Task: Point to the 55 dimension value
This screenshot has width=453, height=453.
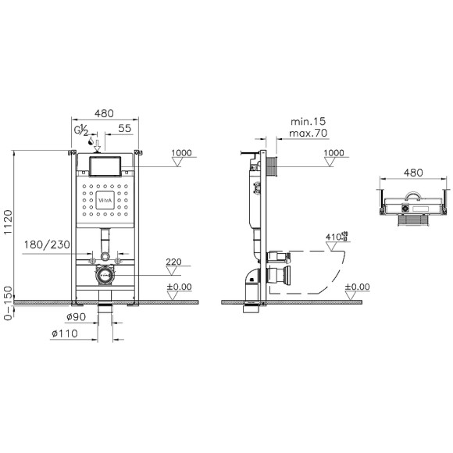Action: (124, 128)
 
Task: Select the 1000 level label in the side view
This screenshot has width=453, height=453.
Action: (334, 153)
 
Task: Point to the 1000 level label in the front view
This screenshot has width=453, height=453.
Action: (181, 153)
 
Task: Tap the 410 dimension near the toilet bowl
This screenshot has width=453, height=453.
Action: (334, 234)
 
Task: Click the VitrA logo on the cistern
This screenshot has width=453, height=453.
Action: (104, 200)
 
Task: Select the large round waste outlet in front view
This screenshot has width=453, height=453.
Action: (104, 274)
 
